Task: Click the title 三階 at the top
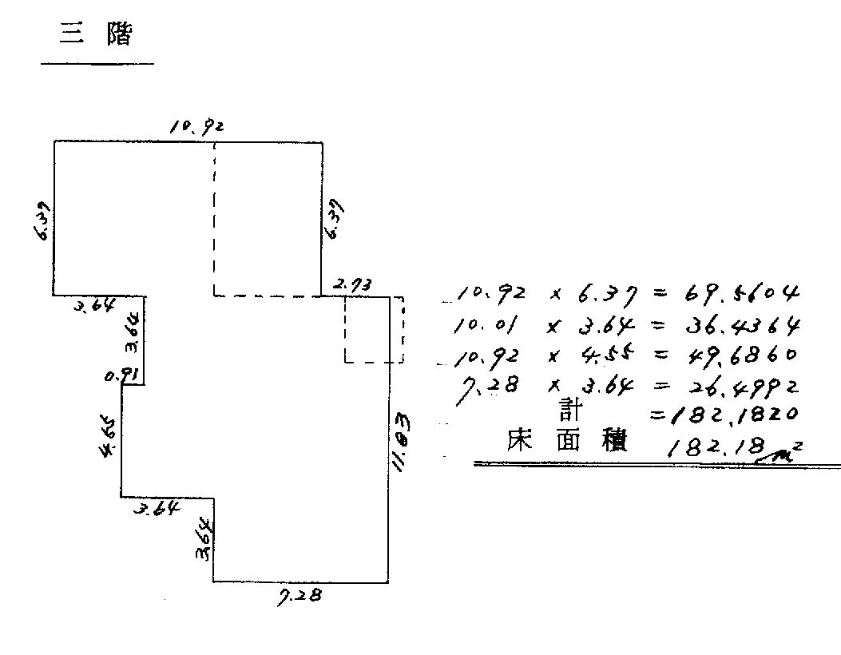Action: click(95, 34)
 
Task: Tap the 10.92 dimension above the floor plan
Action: click(195, 126)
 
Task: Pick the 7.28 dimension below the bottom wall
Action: click(299, 596)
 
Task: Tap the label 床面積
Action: click(567, 442)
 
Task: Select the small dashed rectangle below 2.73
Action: click(374, 329)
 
